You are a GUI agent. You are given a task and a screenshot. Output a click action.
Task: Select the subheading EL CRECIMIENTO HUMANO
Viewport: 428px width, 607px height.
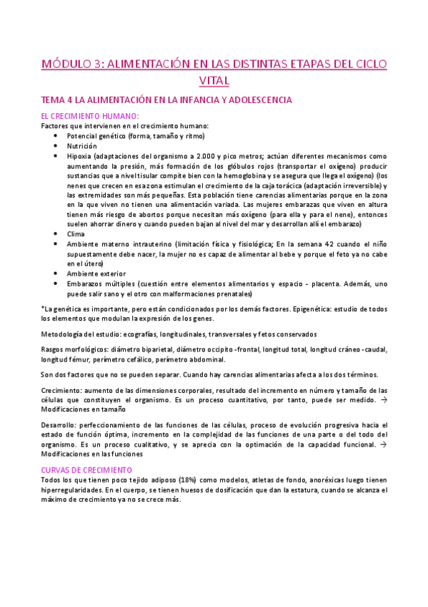[90, 117]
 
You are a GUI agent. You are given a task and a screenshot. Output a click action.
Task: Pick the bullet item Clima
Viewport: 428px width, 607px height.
[76, 233]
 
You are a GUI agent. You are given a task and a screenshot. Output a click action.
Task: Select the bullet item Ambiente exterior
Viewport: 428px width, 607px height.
[96, 273]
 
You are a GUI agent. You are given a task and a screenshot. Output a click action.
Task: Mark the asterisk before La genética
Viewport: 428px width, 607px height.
[43, 308]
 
